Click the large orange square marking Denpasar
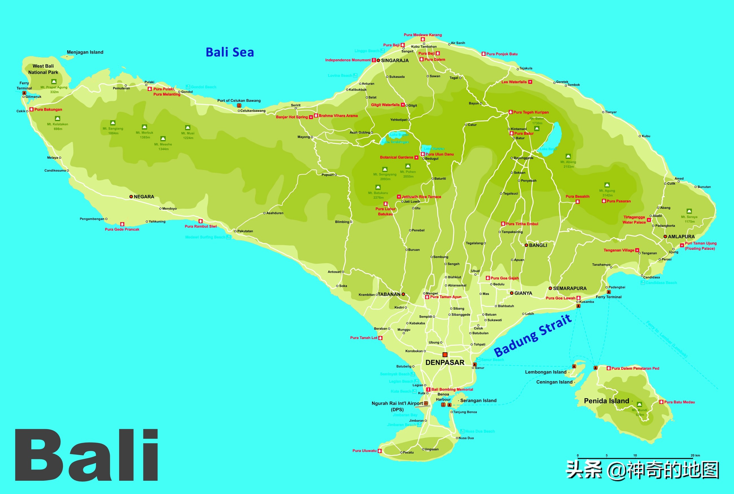pyautogui.click(x=445, y=355)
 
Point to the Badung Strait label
pyautogui.click(x=532, y=336)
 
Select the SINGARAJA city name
pyautogui.click(x=395, y=60)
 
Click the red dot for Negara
pyautogui.click(x=131, y=196)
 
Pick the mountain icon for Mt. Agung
pyautogui.click(x=607, y=185)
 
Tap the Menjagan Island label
pyautogui.click(x=85, y=52)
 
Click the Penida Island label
pyautogui.click(x=606, y=401)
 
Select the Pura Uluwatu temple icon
pyautogui.click(x=380, y=451)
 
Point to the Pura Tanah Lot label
pyautogui.click(x=364, y=338)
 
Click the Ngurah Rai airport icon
pyautogui.click(x=426, y=403)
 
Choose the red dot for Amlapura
pyautogui.click(x=665, y=237)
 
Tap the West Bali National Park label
pyautogui.click(x=43, y=69)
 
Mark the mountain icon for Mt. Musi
pyautogui.click(x=188, y=128)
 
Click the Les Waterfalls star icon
pyautogui.click(x=530, y=82)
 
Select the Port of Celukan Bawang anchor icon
pyautogui.click(x=239, y=106)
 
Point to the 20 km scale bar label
pyautogui.click(x=695, y=455)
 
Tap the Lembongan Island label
pyautogui.click(x=546, y=372)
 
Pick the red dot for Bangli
pyautogui.click(x=526, y=245)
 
